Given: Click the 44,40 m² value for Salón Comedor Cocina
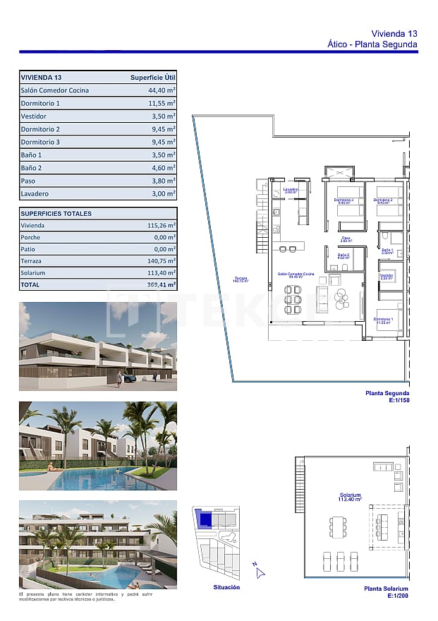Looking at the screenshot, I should click(x=162, y=90).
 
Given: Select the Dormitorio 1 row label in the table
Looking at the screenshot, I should click(x=40, y=103).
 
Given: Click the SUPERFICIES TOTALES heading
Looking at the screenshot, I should click(x=56, y=213).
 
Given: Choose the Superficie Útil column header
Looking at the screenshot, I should click(x=153, y=77).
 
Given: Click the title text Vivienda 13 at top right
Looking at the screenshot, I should click(x=394, y=33).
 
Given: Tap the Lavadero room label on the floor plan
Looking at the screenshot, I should click(x=291, y=190).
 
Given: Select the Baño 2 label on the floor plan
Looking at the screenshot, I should click(x=343, y=255).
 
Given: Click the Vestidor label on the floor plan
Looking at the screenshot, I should click(x=386, y=276).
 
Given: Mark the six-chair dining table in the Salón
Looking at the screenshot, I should click(x=292, y=300).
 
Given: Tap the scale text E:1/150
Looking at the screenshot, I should click(x=399, y=401).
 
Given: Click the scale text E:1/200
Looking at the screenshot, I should click(x=399, y=596).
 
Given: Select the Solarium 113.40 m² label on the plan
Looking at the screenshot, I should click(x=350, y=497).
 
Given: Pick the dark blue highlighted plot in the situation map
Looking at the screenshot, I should click(x=205, y=520).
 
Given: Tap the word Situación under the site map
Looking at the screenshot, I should click(x=226, y=587).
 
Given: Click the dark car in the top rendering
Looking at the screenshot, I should click(x=129, y=378).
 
